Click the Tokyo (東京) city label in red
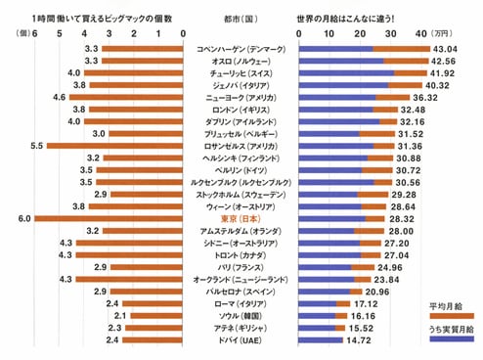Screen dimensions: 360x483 click(239, 218)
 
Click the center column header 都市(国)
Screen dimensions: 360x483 click(240, 19)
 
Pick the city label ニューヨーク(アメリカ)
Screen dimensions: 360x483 click(239, 97)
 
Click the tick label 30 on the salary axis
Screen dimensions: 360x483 click(388, 34)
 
